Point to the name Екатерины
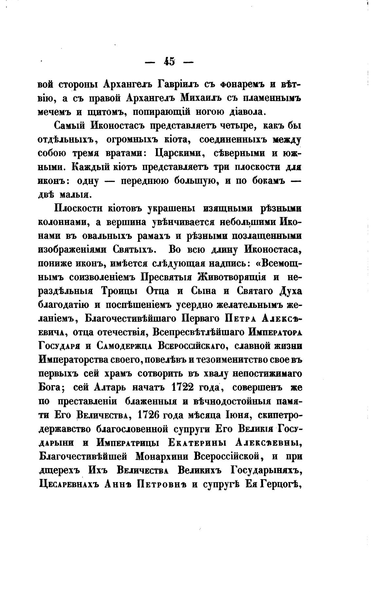[x=196, y=442]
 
